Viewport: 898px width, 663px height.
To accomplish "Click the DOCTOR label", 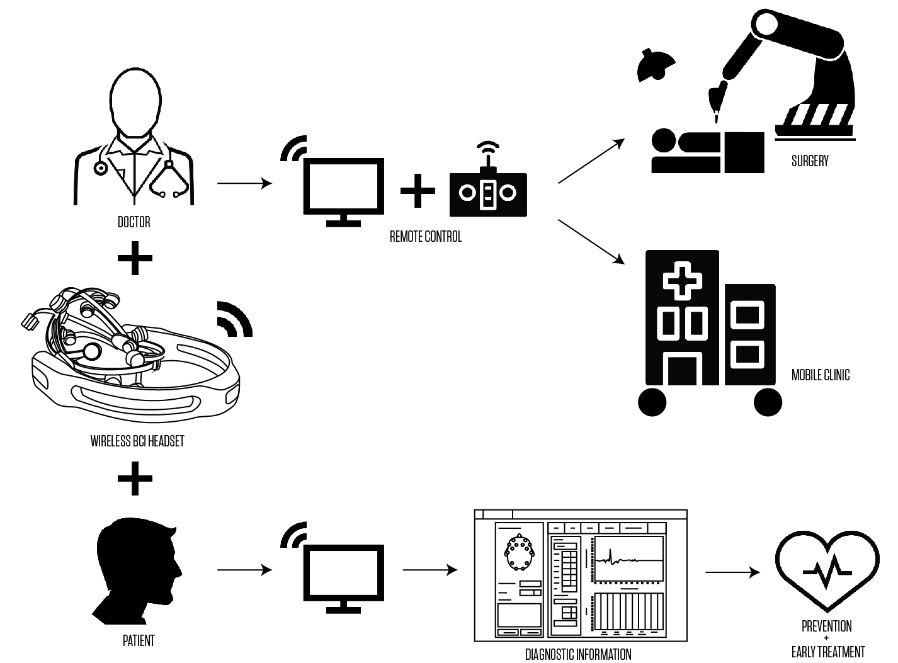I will (x=134, y=222).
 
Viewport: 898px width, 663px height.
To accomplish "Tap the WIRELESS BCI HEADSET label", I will (x=137, y=441).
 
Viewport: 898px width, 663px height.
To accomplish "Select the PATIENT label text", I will (x=139, y=641).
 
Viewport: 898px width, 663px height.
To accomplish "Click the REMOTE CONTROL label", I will (x=426, y=237).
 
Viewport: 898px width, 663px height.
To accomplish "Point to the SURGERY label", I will (x=810, y=161).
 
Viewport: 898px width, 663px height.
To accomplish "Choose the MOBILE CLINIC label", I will (x=820, y=375).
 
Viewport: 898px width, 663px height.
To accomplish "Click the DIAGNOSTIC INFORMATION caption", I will (x=578, y=654).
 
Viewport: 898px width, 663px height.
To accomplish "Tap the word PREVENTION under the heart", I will (x=826, y=626).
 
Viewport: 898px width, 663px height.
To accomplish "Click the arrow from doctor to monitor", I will (x=244, y=183).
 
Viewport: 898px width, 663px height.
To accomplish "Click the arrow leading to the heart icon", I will (x=732, y=572).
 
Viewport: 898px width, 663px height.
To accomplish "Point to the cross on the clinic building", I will (x=681, y=280).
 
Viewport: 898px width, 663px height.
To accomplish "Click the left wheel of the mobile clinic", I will (x=652, y=402).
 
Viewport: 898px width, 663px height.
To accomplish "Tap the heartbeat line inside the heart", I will (x=827, y=570).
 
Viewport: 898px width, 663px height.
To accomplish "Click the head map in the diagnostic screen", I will (x=519, y=552).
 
